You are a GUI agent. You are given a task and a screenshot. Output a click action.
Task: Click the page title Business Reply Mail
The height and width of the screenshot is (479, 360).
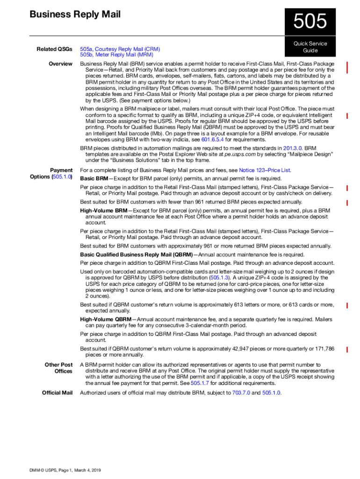pos(75,15)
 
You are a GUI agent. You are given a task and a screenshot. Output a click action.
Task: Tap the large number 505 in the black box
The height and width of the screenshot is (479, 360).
pos(310,22)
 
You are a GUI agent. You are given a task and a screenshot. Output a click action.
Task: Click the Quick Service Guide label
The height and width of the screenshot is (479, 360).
pos(310,47)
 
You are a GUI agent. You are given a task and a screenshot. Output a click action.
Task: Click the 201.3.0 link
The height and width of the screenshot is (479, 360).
pos(294,148)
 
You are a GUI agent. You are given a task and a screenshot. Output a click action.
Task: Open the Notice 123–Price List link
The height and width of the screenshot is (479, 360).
pos(265,170)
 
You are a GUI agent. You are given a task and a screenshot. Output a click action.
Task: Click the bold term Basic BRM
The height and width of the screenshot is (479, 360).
pos(94,179)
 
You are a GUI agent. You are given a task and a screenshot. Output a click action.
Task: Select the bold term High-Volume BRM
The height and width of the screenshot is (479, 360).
pos(103,211)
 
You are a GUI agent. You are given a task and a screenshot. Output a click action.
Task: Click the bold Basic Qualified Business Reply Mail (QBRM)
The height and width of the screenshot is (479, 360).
pos(136,254)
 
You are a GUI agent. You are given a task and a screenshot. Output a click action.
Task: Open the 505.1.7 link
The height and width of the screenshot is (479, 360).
pos(199,383)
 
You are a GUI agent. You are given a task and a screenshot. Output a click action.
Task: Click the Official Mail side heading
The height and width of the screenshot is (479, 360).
pos(57,393)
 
